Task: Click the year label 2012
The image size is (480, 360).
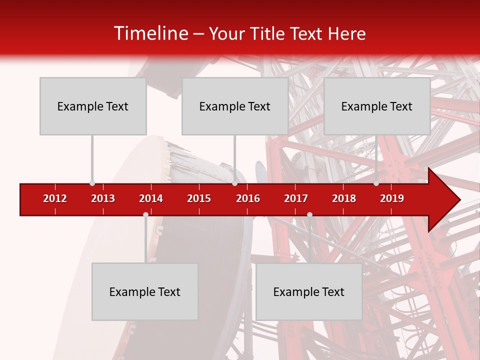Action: pyautogui.click(x=55, y=198)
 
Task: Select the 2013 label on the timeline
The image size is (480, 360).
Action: pyautogui.click(x=103, y=198)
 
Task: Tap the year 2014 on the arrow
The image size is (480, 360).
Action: pyautogui.click(x=151, y=198)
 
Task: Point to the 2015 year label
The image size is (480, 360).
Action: pyautogui.click(x=199, y=198)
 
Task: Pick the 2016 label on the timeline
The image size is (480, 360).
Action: pyautogui.click(x=248, y=198)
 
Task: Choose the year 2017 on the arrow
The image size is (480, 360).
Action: pyautogui.click(x=296, y=198)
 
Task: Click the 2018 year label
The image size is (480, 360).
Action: pyautogui.click(x=344, y=198)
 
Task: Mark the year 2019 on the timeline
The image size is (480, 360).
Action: pyautogui.click(x=392, y=198)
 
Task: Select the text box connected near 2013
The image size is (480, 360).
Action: pyautogui.click(x=93, y=106)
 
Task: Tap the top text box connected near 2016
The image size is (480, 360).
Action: pyautogui.click(x=235, y=106)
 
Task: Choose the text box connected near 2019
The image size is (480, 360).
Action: pyautogui.click(x=377, y=106)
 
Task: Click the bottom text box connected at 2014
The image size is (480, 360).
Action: pyautogui.click(x=145, y=291)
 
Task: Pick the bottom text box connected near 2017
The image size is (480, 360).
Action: pyautogui.click(x=309, y=291)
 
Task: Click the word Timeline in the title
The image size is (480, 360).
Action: pyautogui.click(x=150, y=33)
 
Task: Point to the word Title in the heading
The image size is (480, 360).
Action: pyautogui.click(x=270, y=34)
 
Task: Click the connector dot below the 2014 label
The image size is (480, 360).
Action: pyautogui.click(x=145, y=215)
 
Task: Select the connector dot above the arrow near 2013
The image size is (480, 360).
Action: pyautogui.click(x=92, y=183)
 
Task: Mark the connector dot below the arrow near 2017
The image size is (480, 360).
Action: pyautogui.click(x=309, y=215)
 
